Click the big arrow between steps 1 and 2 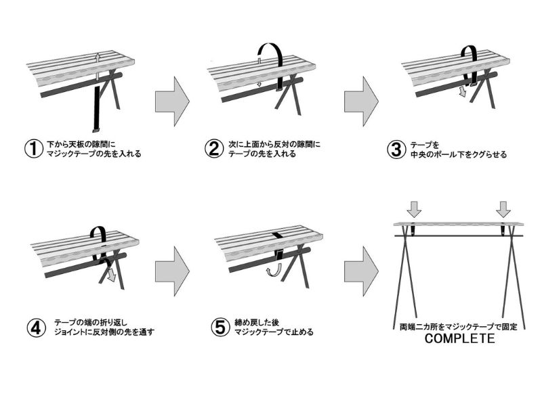(171, 101)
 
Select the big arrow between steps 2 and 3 (360, 101)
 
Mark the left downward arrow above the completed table (415, 208)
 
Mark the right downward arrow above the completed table (503, 208)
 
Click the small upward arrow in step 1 (98, 58)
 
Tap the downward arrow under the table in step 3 (463, 90)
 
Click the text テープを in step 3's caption (425, 145)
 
